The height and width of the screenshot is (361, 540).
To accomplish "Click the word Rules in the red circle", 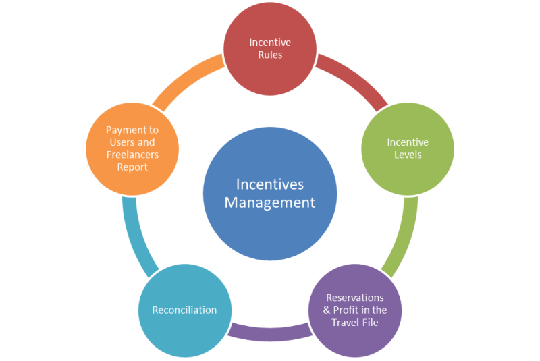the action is pos(271,55).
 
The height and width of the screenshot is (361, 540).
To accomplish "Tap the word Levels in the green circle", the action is pos(408,155).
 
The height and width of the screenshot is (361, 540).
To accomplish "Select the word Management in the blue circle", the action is pos(269,202).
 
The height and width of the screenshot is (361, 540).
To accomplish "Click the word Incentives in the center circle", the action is pos(270,184).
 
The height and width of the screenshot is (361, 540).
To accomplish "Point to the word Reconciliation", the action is pos(184,310).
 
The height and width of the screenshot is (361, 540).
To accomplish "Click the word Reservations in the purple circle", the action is pos(355,298).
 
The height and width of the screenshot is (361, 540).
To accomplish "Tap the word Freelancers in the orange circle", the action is pos(132,155).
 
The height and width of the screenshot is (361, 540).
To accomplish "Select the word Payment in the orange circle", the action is pos(123,130).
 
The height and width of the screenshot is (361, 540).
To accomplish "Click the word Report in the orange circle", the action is pos(132,167).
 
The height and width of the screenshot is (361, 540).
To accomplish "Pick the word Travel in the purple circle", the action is pos(345,322).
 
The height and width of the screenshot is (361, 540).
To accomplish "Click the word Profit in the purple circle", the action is pos(346,310).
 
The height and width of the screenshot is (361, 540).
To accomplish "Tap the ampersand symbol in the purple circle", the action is pos(327,310).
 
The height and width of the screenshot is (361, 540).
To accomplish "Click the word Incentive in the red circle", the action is pos(270,43).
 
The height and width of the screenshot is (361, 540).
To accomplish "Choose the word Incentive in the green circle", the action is pos(408,142).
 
